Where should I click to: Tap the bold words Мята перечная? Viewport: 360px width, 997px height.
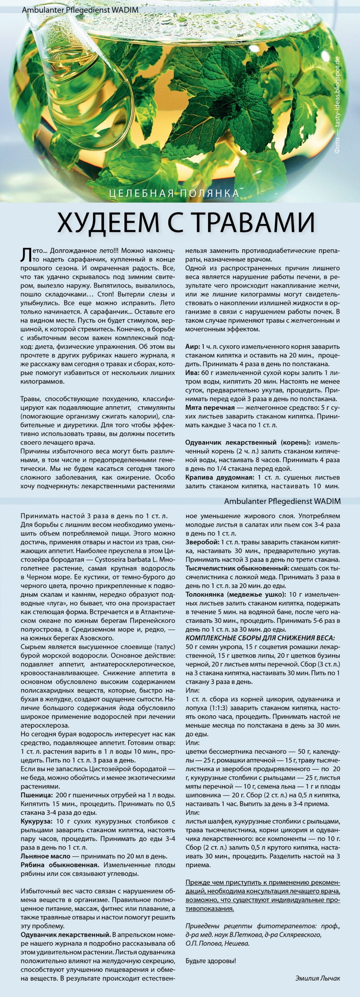210,407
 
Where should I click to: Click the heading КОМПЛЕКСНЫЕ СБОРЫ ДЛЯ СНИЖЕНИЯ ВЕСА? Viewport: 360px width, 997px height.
260,638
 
